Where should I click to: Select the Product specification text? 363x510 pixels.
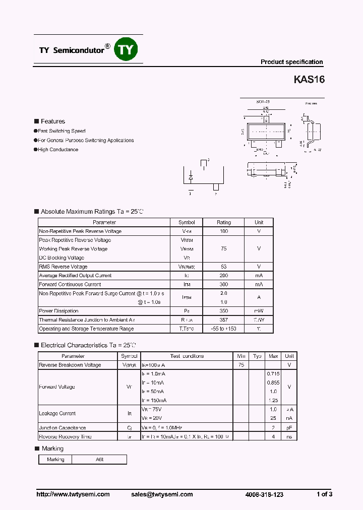pyautogui.click(x=291, y=62)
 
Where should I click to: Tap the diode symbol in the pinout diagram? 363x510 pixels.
pyautogui.click(x=191, y=177)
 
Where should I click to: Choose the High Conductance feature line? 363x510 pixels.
pyautogui.click(x=58, y=150)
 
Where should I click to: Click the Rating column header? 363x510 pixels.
pyautogui.click(x=223, y=222)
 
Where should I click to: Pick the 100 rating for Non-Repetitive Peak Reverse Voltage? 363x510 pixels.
pyautogui.click(x=223, y=231)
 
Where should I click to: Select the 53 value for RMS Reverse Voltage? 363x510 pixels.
pyautogui.click(x=223, y=267)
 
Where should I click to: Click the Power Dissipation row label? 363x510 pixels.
pyautogui.click(x=58, y=311)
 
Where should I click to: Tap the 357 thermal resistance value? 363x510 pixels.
pyautogui.click(x=223, y=320)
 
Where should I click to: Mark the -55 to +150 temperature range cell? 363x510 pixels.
pyautogui.click(x=223, y=329)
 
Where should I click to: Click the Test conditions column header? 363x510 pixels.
pyautogui.click(x=187, y=356)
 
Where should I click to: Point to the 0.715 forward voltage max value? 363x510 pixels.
pyautogui.click(x=273, y=373)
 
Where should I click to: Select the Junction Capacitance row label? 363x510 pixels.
pyautogui.click(x=63, y=427)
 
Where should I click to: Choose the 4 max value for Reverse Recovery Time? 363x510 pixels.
pyautogui.click(x=273, y=436)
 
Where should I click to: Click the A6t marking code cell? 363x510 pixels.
pyautogui.click(x=99, y=460)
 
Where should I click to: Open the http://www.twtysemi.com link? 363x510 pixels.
pyautogui.click(x=73, y=494)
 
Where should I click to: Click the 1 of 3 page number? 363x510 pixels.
pyautogui.click(x=324, y=494)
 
